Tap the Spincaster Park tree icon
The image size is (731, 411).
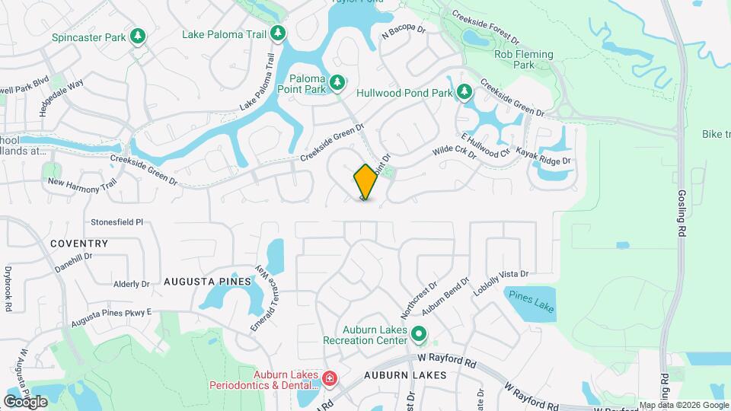(x=138, y=36)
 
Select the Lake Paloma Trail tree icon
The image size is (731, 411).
(x=279, y=33)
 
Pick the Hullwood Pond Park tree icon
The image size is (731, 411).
(x=464, y=92)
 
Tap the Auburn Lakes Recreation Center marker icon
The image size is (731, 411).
(x=418, y=333)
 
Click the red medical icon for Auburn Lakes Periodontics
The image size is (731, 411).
(x=330, y=378)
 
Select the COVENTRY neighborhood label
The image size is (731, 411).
(x=79, y=244)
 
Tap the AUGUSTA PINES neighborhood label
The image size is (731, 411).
(x=207, y=282)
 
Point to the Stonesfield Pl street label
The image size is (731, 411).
(x=117, y=222)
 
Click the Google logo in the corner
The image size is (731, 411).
(x=25, y=401)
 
